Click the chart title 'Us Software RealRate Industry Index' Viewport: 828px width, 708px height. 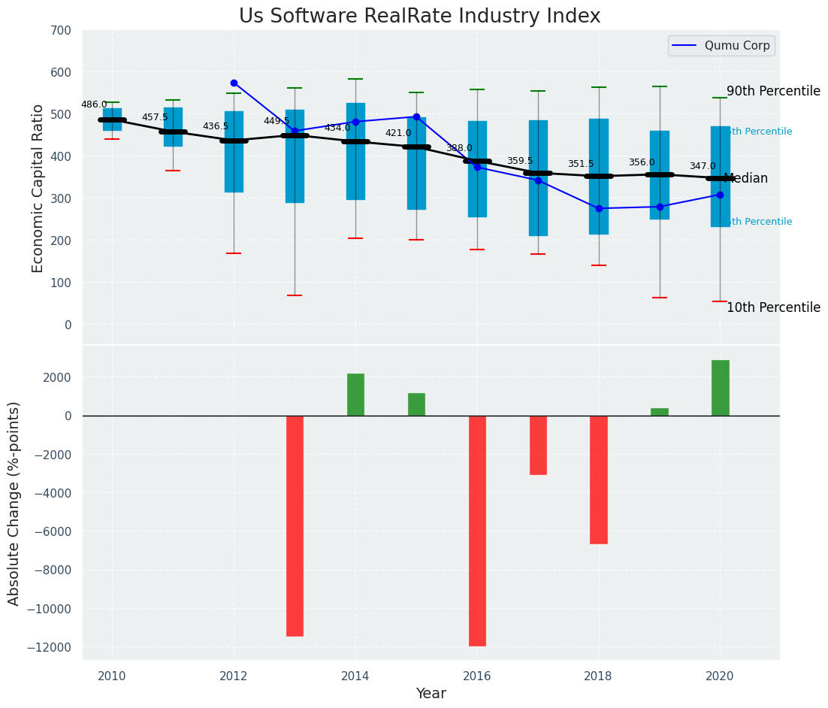[x=419, y=17]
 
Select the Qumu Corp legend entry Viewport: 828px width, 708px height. [x=721, y=46]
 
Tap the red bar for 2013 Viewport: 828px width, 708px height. [x=295, y=525]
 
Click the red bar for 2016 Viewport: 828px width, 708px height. [x=477, y=531]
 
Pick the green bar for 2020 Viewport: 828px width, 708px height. [x=720, y=388]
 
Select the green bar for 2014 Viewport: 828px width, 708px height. [x=355, y=395]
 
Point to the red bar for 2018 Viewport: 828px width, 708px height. [x=598, y=480]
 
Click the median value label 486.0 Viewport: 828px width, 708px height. [x=94, y=105]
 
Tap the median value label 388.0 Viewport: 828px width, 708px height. [x=459, y=148]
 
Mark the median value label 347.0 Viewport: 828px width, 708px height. [x=703, y=166]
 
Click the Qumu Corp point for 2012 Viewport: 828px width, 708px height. [x=234, y=83]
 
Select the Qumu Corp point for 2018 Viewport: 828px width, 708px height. [x=599, y=208]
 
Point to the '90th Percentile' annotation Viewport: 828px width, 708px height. [x=773, y=91]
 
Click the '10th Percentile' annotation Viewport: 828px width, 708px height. [x=773, y=307]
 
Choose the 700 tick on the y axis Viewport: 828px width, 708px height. [x=61, y=31]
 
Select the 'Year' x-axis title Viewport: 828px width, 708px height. [x=431, y=694]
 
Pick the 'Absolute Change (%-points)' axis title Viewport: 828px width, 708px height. [x=14, y=503]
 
